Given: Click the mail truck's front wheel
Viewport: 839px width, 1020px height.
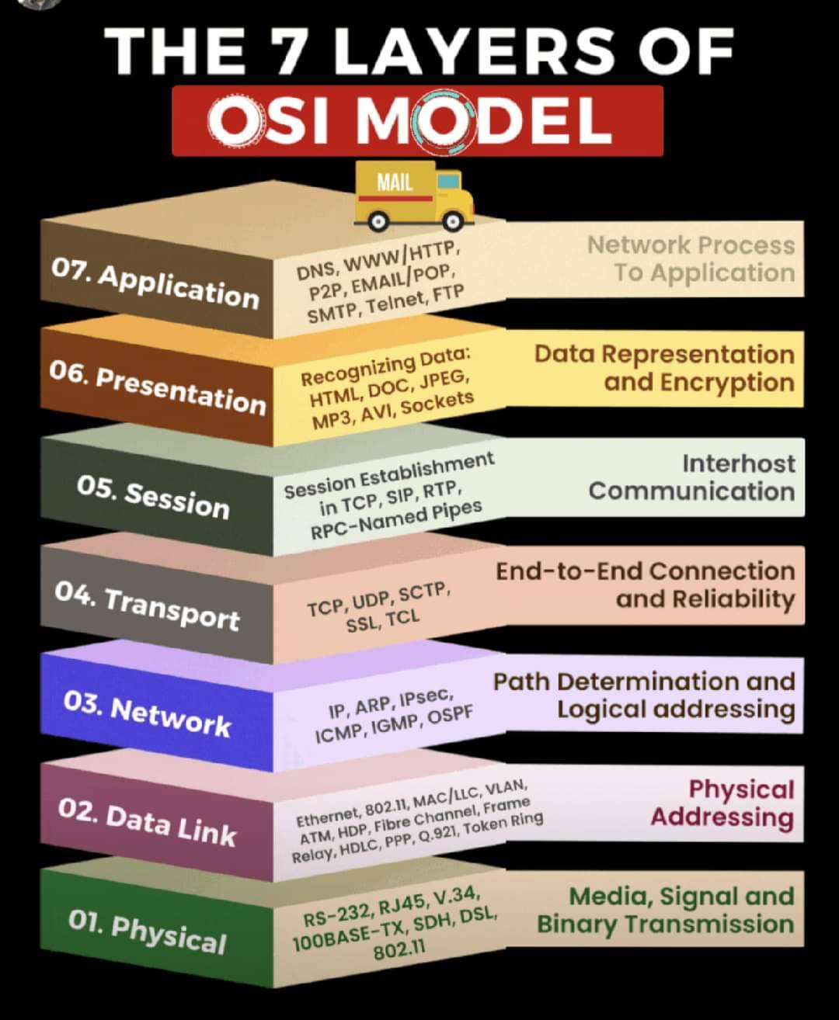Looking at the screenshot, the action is click(453, 222).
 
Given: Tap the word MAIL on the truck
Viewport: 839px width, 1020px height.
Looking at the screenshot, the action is click(395, 183).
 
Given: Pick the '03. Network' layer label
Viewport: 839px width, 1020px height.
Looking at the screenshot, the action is click(147, 715).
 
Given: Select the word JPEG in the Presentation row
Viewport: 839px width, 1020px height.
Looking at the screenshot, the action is click(444, 380).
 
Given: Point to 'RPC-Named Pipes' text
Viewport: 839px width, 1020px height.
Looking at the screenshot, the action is click(396, 519).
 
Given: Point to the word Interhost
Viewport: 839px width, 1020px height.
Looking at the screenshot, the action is click(739, 463).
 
